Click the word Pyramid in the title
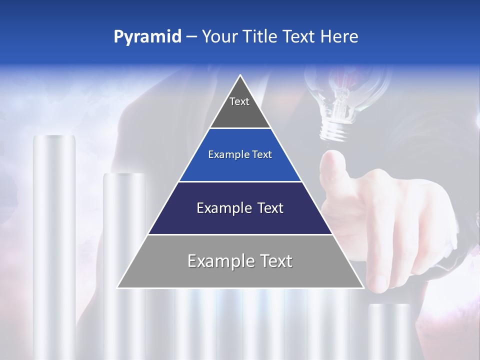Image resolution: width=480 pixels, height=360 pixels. tap(147, 37)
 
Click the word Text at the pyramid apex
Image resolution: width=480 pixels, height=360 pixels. tap(239, 101)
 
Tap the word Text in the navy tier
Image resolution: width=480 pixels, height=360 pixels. tap(266, 208)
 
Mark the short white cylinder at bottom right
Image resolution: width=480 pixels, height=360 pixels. tap(389, 330)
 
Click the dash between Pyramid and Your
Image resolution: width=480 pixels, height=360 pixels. tap(191, 37)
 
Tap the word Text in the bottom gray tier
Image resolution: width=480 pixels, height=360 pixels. tap(275, 261)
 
